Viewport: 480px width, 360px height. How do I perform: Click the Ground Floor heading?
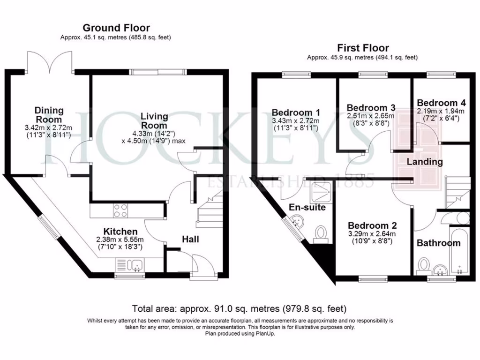point(116,28)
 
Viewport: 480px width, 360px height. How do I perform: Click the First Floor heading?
point(363,48)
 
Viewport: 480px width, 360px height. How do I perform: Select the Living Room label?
point(154,120)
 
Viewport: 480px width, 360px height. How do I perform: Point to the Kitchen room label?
point(120,232)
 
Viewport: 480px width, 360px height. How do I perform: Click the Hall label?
point(190,240)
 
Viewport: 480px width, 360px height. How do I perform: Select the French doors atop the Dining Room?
point(49,61)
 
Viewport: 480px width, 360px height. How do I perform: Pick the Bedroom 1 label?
point(296,112)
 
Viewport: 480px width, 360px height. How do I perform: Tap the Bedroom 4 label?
point(441,103)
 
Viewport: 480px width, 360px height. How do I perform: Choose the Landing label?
point(424,162)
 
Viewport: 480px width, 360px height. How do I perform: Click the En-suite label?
point(307,207)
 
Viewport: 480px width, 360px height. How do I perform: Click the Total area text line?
point(240,309)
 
